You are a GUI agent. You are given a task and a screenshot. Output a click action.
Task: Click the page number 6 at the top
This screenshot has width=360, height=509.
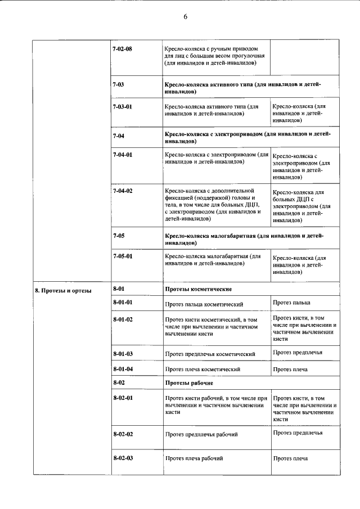[x=184, y=17]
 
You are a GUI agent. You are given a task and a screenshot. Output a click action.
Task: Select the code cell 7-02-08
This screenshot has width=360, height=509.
[x=123, y=49]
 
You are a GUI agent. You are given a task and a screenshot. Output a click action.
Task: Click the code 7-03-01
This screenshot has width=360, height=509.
[x=123, y=106]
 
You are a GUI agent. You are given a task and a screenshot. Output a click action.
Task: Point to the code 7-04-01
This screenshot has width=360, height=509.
[x=123, y=154]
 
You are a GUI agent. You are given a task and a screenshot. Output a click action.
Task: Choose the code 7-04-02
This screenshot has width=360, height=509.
[x=123, y=191]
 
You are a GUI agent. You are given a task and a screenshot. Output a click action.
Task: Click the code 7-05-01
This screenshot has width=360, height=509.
[x=123, y=256]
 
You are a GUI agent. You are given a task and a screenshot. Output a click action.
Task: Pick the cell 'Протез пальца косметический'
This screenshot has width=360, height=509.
[x=204, y=304]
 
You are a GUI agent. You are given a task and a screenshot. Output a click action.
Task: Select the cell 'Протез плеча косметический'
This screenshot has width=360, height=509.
[x=202, y=370]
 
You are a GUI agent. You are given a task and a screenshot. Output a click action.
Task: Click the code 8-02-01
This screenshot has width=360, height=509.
[x=123, y=398]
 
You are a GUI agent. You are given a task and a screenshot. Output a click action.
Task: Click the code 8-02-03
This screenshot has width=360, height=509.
[x=123, y=458]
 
